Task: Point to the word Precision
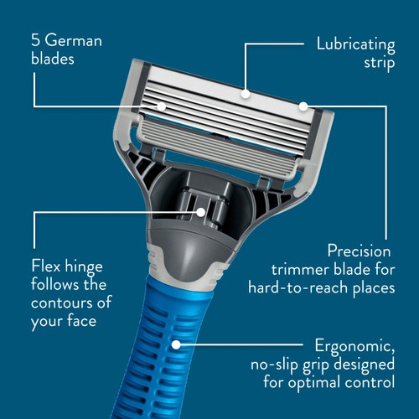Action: [360, 251]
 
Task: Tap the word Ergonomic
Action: [353, 346]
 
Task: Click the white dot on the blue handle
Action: [177, 343]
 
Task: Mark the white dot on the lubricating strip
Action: [246, 94]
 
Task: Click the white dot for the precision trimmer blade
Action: [303, 106]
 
